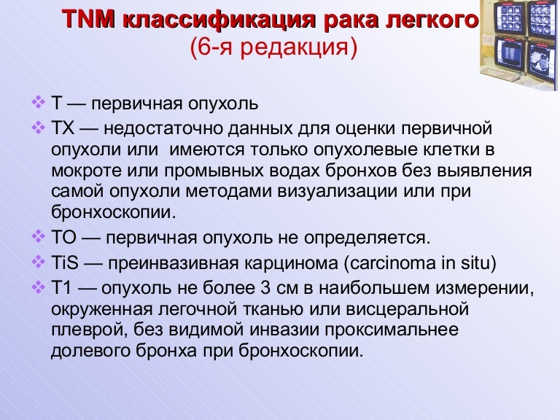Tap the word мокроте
coord(82,170)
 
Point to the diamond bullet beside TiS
coord(39,260)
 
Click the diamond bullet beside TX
coord(39,128)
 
